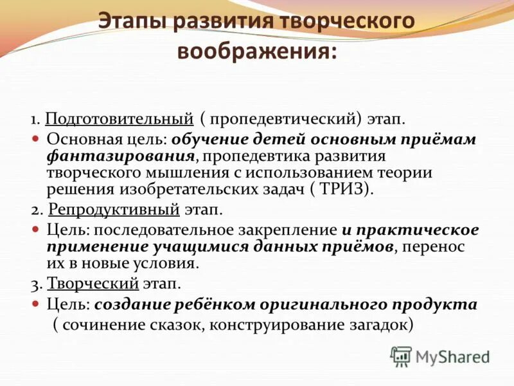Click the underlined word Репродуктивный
123,210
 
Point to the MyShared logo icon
401,356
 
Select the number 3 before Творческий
35,283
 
